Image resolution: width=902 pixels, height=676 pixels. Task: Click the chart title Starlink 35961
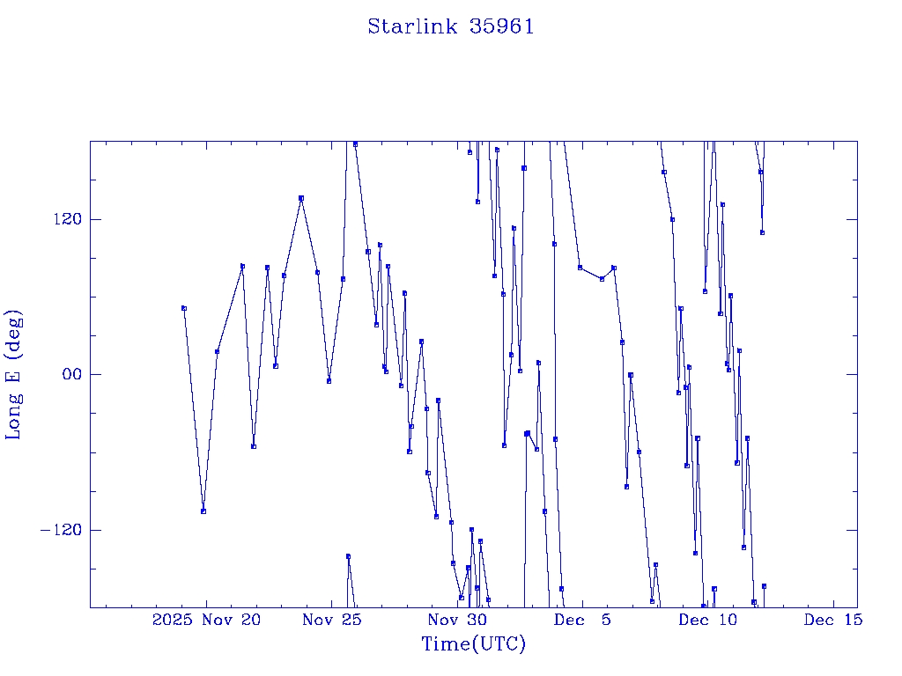(451, 26)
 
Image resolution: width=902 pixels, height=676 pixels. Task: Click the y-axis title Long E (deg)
(14, 374)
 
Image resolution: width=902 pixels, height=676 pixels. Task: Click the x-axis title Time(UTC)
(473, 644)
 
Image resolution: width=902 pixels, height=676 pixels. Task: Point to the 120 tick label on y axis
(63, 219)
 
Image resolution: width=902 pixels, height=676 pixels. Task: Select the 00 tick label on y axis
(67, 375)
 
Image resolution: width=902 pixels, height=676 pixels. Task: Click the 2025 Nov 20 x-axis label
(207, 620)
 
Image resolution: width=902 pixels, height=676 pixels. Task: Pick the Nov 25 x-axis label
(332, 620)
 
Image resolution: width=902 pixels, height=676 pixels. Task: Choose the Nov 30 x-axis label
(457, 620)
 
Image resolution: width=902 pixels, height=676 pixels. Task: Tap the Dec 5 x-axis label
(582, 620)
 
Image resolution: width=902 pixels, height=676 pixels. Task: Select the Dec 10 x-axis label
(707, 620)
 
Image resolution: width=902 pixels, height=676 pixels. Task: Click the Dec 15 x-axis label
(832, 620)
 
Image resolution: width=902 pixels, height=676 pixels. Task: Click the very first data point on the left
(184, 308)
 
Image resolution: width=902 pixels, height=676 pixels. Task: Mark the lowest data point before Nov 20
(203, 511)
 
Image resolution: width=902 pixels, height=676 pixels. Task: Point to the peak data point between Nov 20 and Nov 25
(301, 198)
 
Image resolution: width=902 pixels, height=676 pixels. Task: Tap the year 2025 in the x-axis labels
(173, 620)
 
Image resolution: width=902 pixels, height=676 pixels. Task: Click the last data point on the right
(764, 586)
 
